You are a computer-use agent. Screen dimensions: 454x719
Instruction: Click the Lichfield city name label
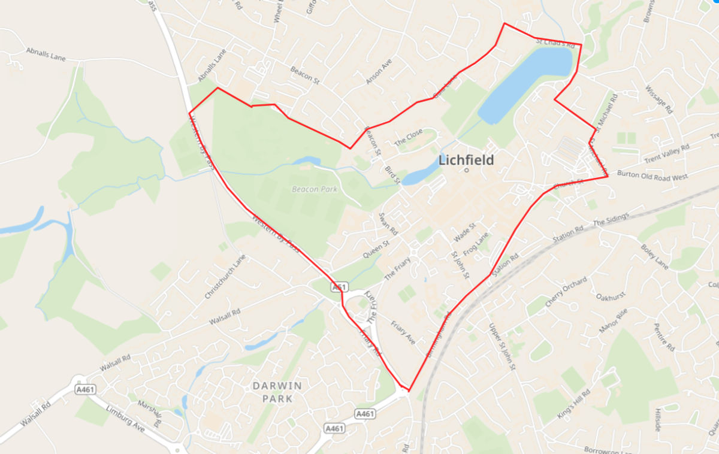(x=466, y=160)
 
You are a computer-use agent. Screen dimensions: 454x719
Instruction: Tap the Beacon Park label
(x=315, y=189)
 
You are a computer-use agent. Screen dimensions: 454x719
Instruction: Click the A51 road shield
(x=339, y=288)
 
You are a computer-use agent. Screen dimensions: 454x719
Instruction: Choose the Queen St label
(x=376, y=250)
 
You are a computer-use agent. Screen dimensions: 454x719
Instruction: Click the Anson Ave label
(x=379, y=71)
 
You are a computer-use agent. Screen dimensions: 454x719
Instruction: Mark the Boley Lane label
(x=654, y=256)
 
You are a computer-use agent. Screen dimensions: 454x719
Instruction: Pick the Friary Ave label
(x=403, y=332)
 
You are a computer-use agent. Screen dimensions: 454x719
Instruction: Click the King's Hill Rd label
(x=573, y=402)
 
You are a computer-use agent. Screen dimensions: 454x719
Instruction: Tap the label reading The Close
(x=408, y=137)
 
